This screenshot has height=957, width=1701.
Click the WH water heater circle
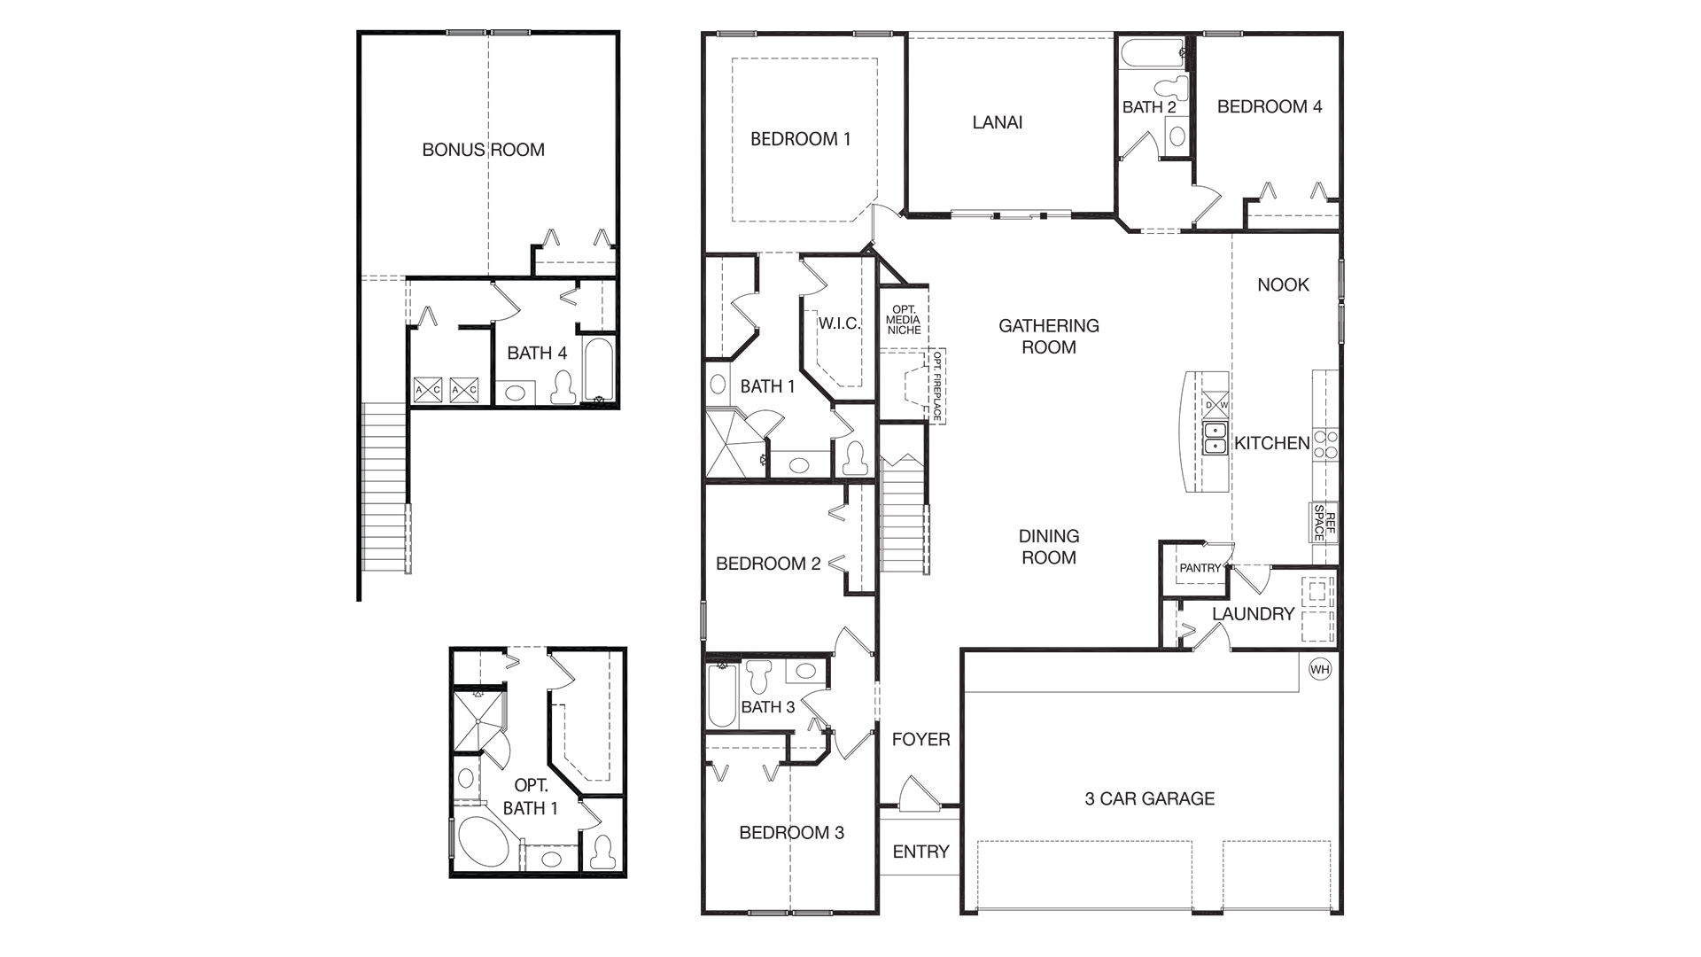[x=1320, y=669]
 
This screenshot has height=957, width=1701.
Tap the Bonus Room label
[x=483, y=150]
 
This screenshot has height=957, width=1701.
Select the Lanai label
[x=998, y=122]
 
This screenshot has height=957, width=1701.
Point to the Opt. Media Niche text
[x=904, y=320]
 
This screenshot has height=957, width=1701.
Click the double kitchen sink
[x=1215, y=439]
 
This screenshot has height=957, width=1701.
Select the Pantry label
[x=1200, y=568]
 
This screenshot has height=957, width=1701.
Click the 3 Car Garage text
[x=1149, y=798]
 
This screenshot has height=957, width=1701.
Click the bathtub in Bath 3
[x=722, y=696]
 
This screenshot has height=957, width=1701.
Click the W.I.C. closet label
[x=838, y=323]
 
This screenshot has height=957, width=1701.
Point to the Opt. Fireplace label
[x=937, y=385]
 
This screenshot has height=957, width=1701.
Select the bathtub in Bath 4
[x=599, y=369]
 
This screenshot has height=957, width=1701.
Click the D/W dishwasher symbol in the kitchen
[x=1216, y=406]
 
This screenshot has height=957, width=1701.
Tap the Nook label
[x=1283, y=284]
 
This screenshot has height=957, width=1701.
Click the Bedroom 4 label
[x=1269, y=106]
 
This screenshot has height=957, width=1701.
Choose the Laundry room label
[x=1253, y=613]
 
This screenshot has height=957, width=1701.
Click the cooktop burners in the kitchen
[x=1325, y=444]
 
